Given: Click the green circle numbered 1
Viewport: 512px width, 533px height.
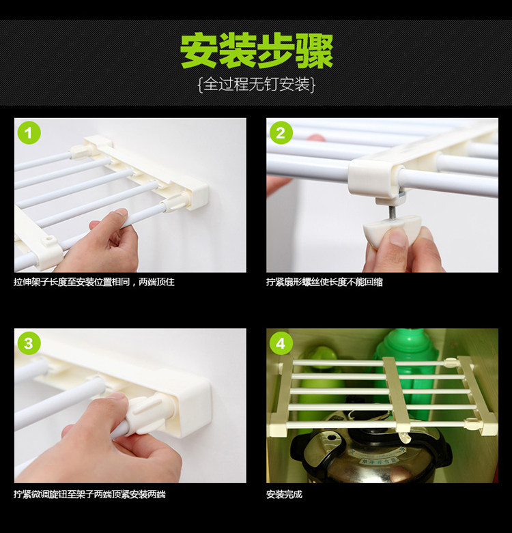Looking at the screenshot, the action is tap(29, 133).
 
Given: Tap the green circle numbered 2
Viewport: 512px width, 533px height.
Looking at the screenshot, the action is tap(281, 133).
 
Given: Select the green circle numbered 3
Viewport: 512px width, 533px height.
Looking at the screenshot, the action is tap(29, 343).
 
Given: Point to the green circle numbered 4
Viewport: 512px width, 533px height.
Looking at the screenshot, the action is tap(281, 343).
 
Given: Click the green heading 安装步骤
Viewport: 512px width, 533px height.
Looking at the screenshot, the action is tap(256, 51).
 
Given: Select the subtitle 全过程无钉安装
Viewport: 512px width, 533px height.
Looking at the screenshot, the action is tap(256, 85).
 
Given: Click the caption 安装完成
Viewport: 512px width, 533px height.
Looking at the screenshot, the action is tap(284, 494).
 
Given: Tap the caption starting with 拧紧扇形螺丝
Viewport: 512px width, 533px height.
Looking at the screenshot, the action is tap(324, 282).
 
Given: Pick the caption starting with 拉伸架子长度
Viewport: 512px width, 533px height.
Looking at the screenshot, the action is tap(94, 282).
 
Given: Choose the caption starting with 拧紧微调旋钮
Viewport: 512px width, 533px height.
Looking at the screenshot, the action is tap(89, 494).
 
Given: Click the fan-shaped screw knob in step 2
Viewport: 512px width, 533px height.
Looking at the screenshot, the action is tap(392, 230).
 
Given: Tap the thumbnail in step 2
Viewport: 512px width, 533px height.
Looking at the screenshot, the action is tap(396, 236).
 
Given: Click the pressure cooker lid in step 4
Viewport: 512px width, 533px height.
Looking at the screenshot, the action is tap(371, 448).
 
